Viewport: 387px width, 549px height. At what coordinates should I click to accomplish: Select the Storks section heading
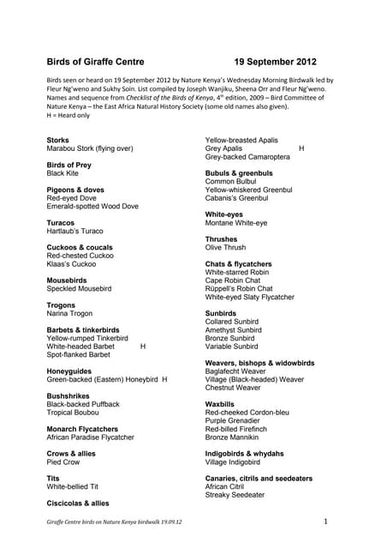[x=58, y=139]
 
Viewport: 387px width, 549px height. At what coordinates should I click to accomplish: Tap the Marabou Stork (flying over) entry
[x=89, y=148]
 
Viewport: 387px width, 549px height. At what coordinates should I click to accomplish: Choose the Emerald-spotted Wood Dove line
[x=92, y=207]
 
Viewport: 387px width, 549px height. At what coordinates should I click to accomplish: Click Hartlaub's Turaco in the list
[x=74, y=231]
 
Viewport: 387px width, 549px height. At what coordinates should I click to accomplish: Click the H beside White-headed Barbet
[x=143, y=346]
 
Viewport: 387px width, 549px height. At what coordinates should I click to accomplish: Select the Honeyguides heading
[x=70, y=370]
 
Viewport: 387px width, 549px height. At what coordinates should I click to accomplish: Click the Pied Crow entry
[x=63, y=462]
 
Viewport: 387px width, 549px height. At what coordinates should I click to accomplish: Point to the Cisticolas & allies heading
[x=78, y=503]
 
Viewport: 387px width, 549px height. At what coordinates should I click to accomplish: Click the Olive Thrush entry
[x=225, y=247]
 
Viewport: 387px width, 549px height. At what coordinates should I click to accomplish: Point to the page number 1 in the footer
[x=326, y=521]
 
